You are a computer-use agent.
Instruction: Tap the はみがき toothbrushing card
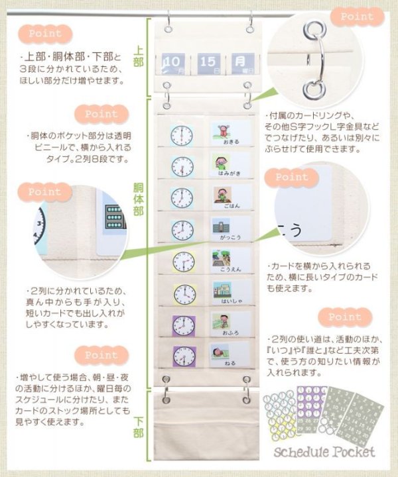pos(228,166)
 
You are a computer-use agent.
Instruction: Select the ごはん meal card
pos(228,197)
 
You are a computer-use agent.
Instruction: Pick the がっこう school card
pos(228,229)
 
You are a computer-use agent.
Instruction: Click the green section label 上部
pos(137,57)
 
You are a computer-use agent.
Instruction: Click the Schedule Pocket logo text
pos(326,452)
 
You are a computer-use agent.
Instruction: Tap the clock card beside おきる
pos(181,135)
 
